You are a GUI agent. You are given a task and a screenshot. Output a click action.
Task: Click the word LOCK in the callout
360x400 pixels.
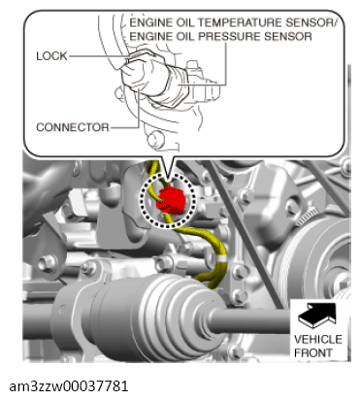[x=51, y=56]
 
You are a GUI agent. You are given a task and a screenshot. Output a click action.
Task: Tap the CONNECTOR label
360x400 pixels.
[x=73, y=127]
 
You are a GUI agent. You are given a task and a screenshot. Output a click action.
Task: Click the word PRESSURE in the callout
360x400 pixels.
[x=229, y=36]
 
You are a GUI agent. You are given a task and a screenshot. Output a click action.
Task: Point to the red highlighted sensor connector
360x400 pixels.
[x=171, y=200]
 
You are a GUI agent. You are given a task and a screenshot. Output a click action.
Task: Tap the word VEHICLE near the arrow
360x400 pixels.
[x=318, y=340]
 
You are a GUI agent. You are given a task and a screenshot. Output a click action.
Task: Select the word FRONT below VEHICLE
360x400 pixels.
[x=313, y=352]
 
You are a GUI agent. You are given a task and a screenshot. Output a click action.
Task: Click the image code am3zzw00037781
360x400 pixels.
[x=69, y=386]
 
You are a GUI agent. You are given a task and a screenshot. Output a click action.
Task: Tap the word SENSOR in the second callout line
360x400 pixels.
[x=288, y=36]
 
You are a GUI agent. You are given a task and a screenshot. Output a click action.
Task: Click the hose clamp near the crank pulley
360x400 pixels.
[x=307, y=217]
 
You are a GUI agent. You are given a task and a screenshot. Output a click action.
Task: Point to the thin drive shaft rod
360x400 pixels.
[x=252, y=321]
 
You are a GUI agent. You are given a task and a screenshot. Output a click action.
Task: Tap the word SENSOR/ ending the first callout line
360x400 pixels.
[x=311, y=22]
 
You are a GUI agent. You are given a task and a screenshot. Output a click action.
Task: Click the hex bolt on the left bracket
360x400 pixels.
[x=48, y=263]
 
